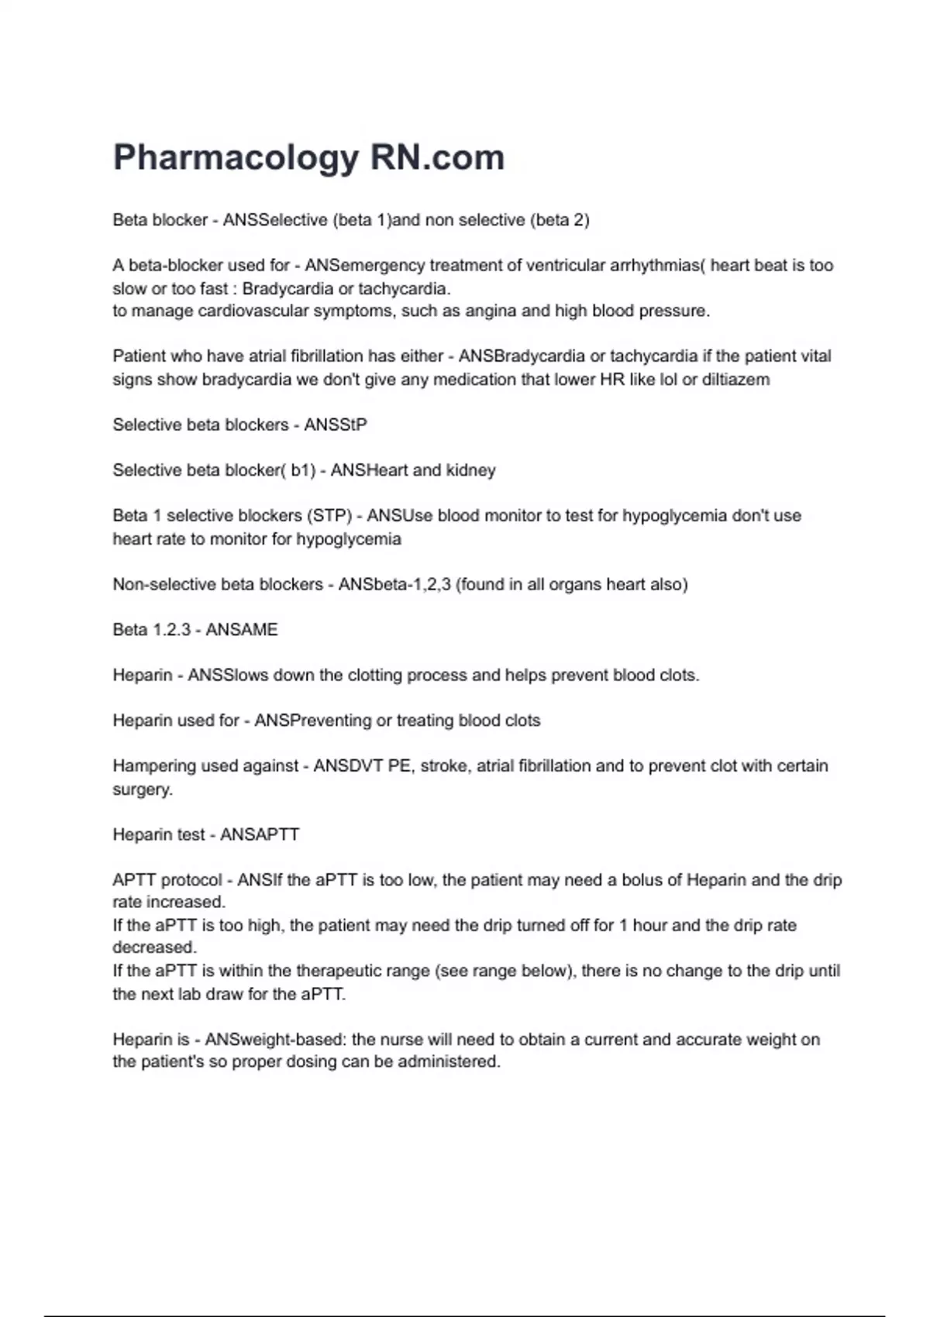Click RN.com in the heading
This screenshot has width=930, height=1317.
(437, 157)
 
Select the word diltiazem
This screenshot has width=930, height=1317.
(735, 380)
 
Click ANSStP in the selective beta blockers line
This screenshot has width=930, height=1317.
(336, 425)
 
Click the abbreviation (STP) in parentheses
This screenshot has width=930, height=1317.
(329, 516)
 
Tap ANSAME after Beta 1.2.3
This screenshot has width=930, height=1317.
(241, 630)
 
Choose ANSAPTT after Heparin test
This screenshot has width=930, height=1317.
(260, 835)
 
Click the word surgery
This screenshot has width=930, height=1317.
(142, 789)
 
